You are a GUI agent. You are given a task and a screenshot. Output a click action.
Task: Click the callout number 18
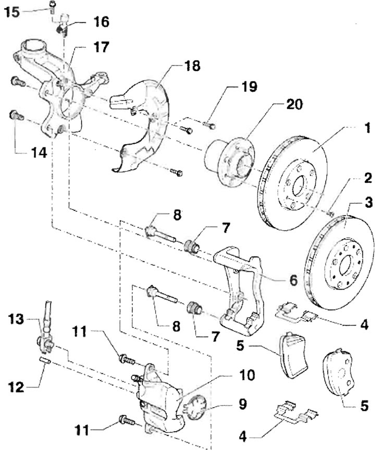pyautogui.click(x=192, y=66)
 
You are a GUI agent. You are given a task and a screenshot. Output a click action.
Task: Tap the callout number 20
pyautogui.click(x=294, y=104)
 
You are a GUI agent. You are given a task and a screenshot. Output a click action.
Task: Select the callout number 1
pyautogui.click(x=367, y=128)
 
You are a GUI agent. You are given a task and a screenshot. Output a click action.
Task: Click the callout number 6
pyautogui.click(x=293, y=280)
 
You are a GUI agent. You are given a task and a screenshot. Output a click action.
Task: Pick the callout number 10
pyautogui.click(x=247, y=375)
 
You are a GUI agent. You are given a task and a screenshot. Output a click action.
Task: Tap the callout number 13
pyautogui.click(x=16, y=319)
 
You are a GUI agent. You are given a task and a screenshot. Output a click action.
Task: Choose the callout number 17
pyautogui.click(x=101, y=47)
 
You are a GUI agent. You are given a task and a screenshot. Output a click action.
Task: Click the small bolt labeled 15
pyautogui.click(x=53, y=7)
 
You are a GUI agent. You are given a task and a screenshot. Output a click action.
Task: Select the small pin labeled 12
pyautogui.click(x=45, y=360)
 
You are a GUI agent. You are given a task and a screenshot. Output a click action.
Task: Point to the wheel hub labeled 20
pyautogui.click(x=230, y=160)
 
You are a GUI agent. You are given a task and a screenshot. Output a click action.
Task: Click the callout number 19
pyautogui.click(x=249, y=86)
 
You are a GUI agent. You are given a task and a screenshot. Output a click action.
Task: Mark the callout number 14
pyautogui.click(x=39, y=153)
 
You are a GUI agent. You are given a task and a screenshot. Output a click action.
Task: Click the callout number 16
pyautogui.click(x=101, y=22)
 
